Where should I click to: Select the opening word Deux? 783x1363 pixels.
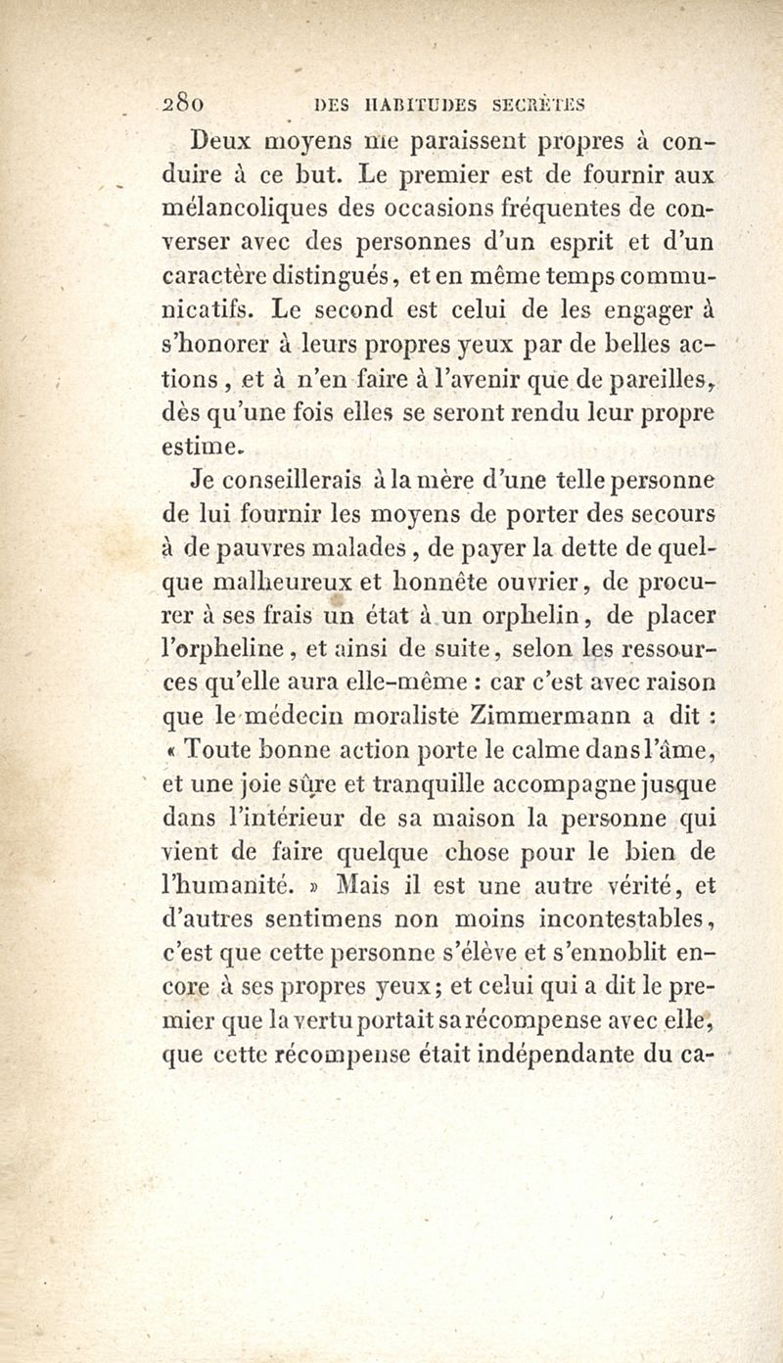pos(224,140)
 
